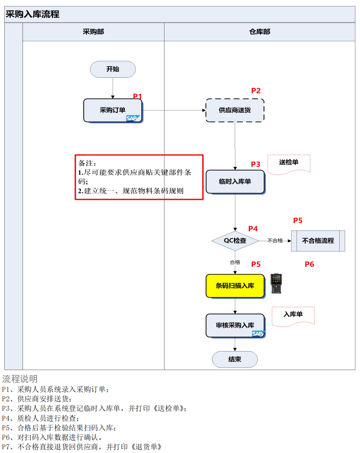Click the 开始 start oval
coord(113,69)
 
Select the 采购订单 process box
coord(113,111)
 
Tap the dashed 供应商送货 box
coord(235,110)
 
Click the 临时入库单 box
coord(235,182)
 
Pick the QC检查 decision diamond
coord(235,241)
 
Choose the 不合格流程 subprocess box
coord(318,241)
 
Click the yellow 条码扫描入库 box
coord(235,286)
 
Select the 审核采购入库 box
coord(235,326)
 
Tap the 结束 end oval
coord(235,359)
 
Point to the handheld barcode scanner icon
coord(276,283)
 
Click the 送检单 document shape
coord(289,164)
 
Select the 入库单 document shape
coord(293,317)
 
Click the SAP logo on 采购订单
coord(133,118)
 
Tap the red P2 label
coord(256,91)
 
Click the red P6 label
coord(309,264)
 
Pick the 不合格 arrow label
coord(275,241)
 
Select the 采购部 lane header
coord(93,32)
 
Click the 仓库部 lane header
coord(260,32)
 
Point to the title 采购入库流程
coord(33,14)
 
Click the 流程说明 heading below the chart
coord(20,379)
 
